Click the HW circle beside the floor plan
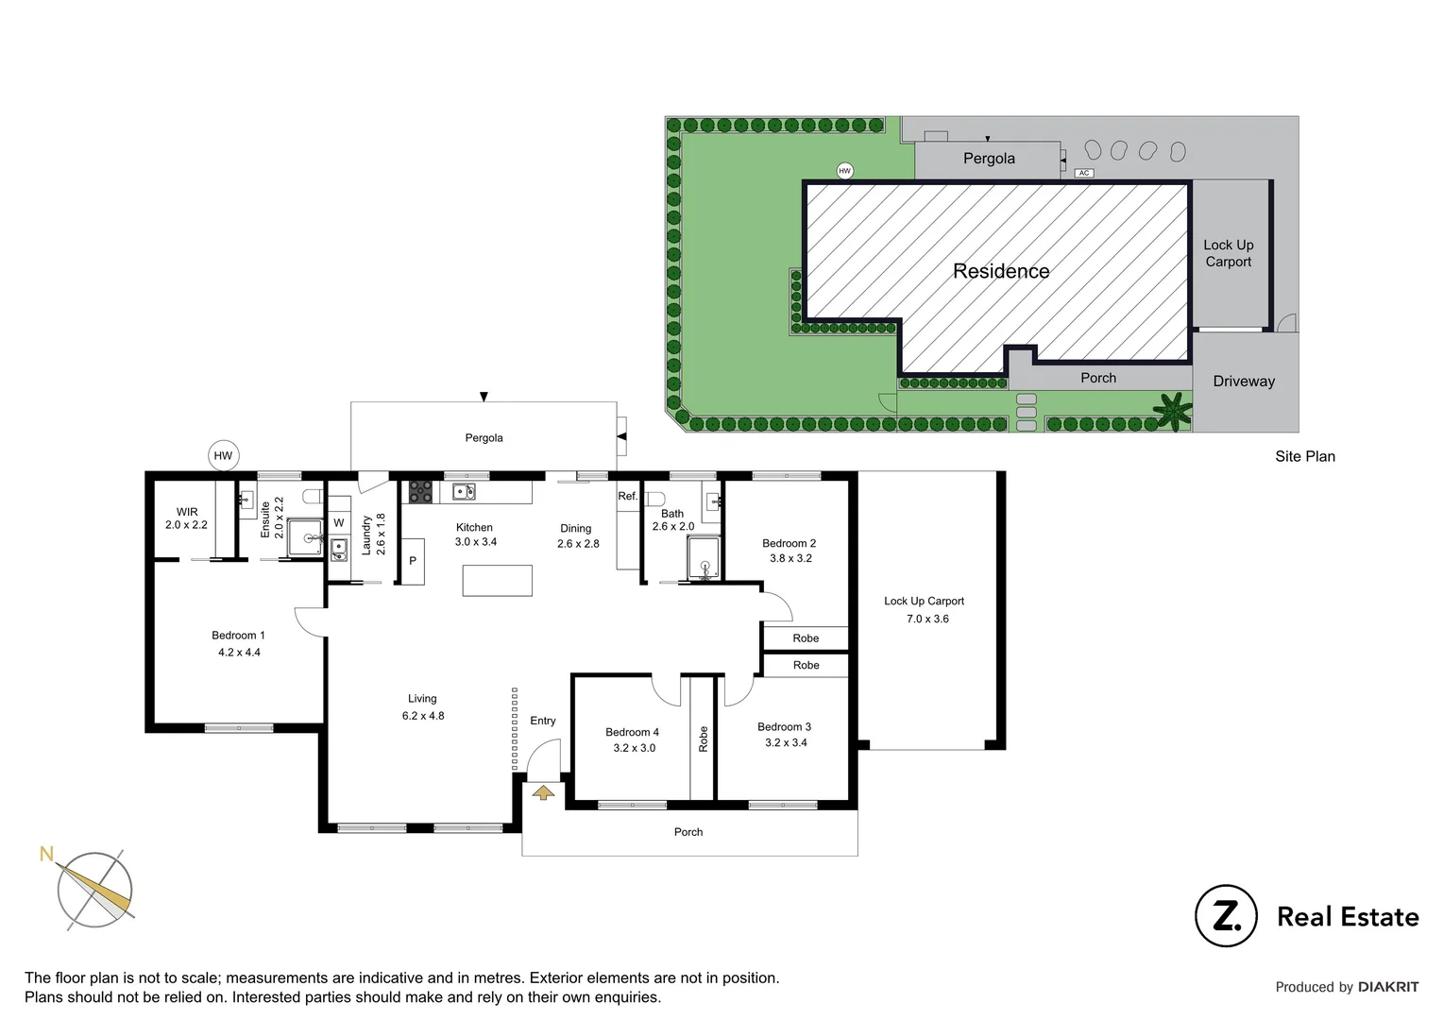[x=223, y=455]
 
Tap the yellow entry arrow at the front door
[x=543, y=791]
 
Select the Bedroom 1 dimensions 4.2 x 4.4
[x=239, y=653]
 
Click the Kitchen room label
[x=474, y=528]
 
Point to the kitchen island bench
[x=497, y=580]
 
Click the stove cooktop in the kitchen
[x=420, y=492]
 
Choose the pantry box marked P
[x=413, y=561]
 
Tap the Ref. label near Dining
[x=628, y=496]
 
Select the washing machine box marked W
[x=339, y=522]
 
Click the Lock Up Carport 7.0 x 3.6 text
[x=925, y=610]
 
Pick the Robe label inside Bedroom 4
[x=703, y=739]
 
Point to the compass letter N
[x=46, y=854]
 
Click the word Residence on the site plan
[x=1001, y=272]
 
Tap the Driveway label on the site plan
[x=1244, y=382]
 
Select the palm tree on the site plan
[x=1173, y=412]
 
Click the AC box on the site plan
[x=1084, y=173]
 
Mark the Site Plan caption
[x=1304, y=457]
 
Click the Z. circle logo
[x=1226, y=915]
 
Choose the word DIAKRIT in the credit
[x=1388, y=987]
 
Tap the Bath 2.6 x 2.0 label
[x=672, y=520]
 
